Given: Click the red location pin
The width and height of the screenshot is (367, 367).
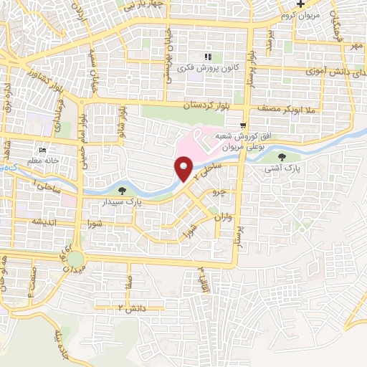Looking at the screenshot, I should click(184, 170).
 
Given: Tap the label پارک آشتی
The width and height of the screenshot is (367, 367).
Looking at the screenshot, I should click(280, 169).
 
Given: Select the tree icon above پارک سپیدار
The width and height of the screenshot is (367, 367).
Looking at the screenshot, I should click(122, 191).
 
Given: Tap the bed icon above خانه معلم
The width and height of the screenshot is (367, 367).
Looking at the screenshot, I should click(43, 151).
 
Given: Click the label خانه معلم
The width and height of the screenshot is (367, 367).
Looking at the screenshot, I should click(42, 161).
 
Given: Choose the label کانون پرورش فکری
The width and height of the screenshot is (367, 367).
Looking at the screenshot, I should click(209, 68).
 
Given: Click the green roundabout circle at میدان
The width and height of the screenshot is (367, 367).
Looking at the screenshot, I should click(76, 258).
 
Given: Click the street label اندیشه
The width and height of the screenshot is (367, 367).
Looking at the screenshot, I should click(43, 222).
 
